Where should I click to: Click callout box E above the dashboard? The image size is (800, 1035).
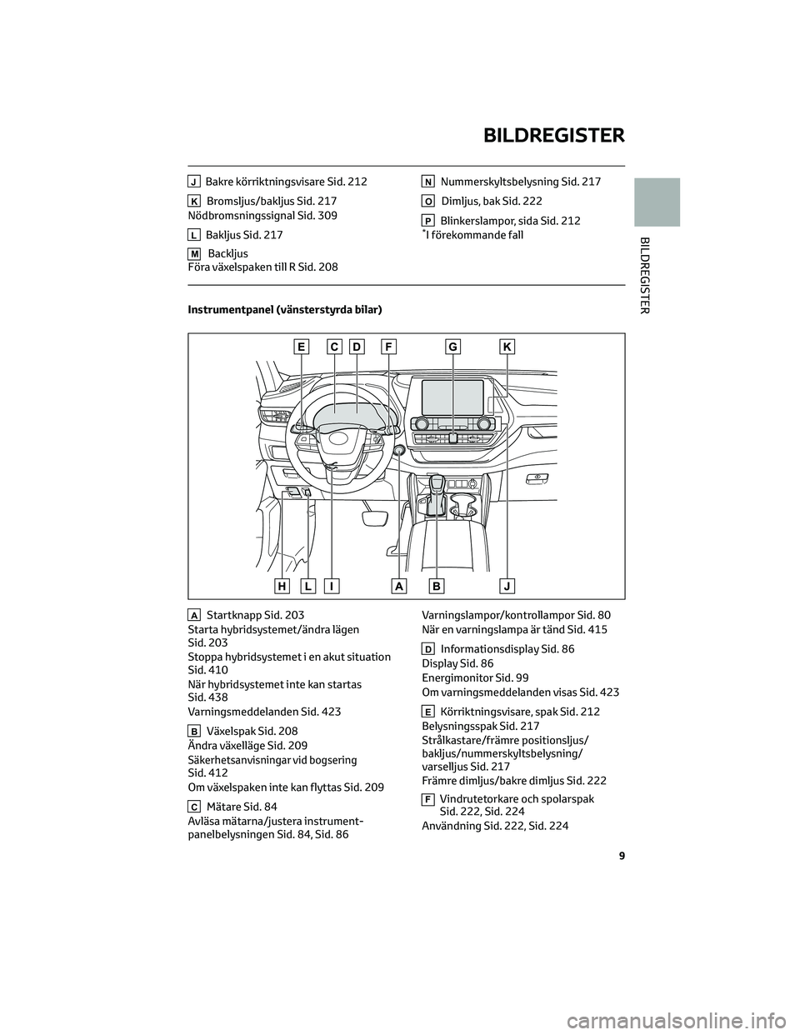point(301,347)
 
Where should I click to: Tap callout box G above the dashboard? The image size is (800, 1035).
point(453,347)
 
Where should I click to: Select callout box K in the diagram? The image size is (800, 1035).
point(507,347)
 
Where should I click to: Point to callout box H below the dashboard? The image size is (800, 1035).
point(282,586)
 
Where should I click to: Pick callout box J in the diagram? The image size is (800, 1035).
point(507,586)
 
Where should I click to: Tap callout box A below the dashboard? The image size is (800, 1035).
point(399,586)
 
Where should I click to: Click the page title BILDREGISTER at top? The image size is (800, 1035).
point(553,135)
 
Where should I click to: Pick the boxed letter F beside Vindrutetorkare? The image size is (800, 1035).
point(427,799)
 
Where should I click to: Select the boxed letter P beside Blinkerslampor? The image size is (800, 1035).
point(427,221)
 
